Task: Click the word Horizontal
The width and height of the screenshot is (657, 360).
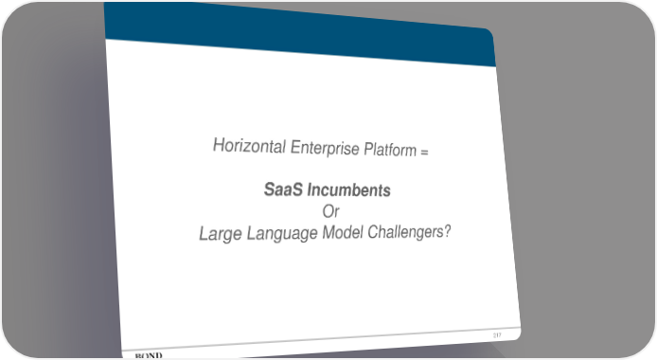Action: (250, 146)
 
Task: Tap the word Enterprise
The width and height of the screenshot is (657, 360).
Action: (325, 149)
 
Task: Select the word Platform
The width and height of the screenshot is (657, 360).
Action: (390, 150)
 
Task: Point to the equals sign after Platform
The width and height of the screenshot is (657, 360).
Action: (424, 152)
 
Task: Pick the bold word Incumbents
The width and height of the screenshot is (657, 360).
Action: (348, 190)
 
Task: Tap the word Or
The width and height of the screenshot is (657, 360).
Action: (330, 211)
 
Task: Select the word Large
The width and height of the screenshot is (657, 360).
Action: (221, 233)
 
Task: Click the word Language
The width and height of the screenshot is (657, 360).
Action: (282, 233)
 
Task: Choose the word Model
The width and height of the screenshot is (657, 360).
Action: (343, 232)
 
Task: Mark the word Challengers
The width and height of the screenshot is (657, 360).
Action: (405, 231)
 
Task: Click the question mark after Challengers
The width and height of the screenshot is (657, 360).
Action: (447, 230)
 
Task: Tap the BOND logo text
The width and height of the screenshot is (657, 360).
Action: (149, 356)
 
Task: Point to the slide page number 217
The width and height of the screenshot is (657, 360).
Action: (497, 335)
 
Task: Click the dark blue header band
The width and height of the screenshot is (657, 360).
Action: (299, 33)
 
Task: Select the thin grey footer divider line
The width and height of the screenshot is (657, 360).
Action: (321, 338)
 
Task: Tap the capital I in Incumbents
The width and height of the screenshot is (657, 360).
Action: (310, 189)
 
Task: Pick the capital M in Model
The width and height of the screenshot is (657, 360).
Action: (329, 232)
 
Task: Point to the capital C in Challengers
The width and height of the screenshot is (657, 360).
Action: (373, 231)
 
